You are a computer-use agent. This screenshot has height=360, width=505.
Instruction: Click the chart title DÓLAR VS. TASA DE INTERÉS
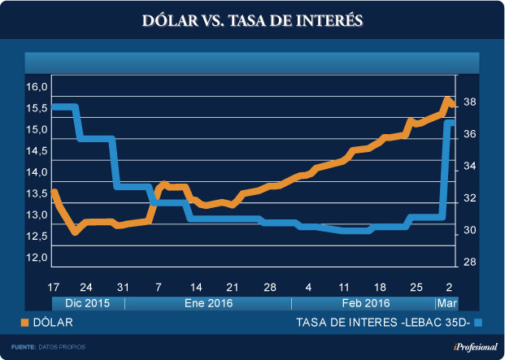(252, 19)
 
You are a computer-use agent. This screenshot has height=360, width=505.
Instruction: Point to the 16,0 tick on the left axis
(38, 87)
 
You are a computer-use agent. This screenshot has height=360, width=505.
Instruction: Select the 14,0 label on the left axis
(38, 172)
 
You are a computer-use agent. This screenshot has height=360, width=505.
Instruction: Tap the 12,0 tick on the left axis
(38, 258)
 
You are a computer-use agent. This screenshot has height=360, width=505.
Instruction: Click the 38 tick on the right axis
(470, 102)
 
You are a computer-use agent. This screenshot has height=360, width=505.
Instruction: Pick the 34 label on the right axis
(470, 167)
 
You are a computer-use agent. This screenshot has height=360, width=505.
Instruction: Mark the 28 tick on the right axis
(470, 262)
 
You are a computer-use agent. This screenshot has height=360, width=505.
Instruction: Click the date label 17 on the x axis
(54, 288)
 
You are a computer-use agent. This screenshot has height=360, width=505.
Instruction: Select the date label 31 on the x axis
(123, 288)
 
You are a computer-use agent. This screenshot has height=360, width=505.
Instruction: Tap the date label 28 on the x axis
(270, 288)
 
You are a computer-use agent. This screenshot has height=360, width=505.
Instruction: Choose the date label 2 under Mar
(450, 288)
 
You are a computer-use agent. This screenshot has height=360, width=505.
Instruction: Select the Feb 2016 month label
(363, 304)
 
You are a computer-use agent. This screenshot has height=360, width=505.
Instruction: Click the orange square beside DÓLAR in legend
(24, 323)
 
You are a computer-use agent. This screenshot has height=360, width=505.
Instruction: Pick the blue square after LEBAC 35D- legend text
(479, 323)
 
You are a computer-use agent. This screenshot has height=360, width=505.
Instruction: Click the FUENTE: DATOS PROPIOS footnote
(48, 347)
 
